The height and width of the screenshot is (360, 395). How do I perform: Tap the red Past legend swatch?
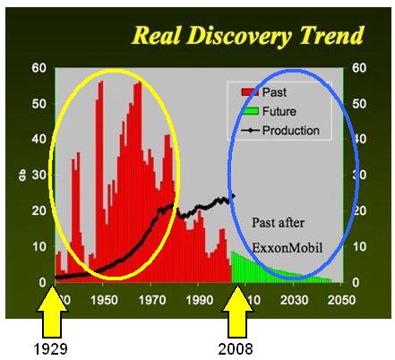[x=249, y=91]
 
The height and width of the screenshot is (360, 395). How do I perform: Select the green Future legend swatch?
[x=249, y=111]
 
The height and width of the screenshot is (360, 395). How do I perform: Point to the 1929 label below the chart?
[x=54, y=347]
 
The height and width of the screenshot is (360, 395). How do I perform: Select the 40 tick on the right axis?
[x=363, y=139]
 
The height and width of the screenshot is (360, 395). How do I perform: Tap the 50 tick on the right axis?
[x=363, y=103]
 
